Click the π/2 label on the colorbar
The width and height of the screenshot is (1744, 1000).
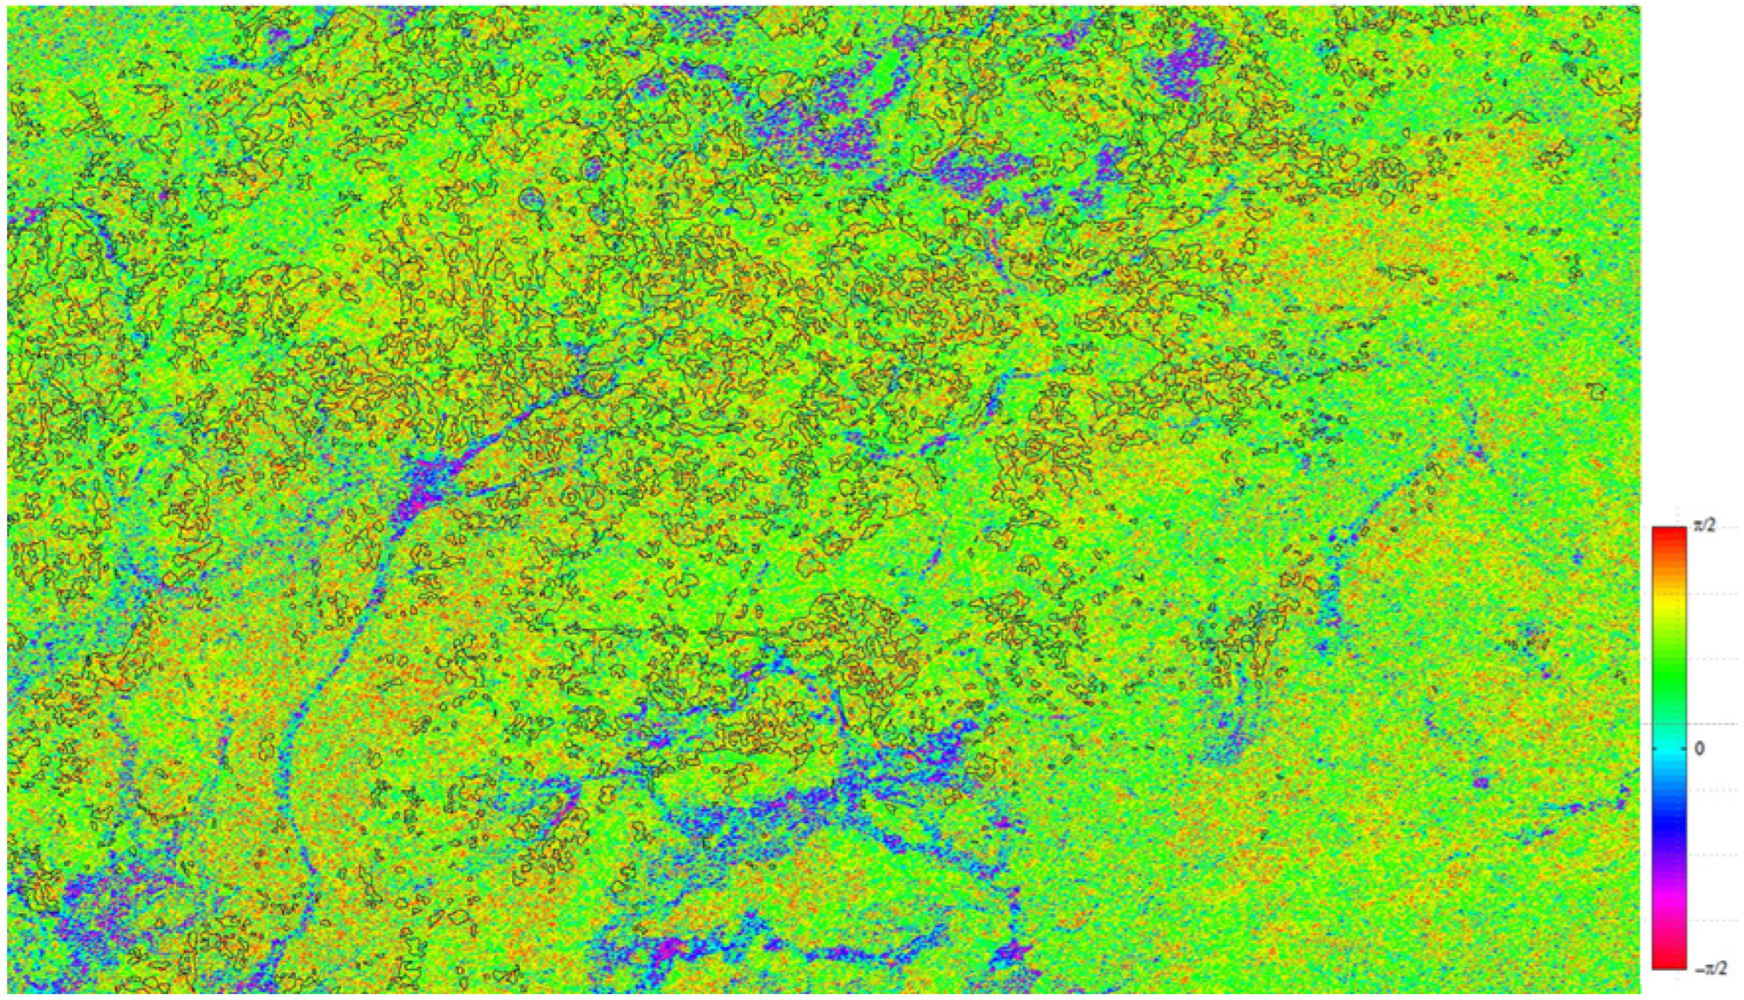(1704, 525)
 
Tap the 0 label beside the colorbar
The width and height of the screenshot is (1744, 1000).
(1699, 748)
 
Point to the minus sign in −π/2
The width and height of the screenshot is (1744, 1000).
(1696, 969)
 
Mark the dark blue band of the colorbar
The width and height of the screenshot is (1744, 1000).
(1668, 822)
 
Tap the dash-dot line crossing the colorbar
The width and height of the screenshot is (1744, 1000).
(1668, 724)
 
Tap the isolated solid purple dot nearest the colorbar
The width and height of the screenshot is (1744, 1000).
(1482, 784)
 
